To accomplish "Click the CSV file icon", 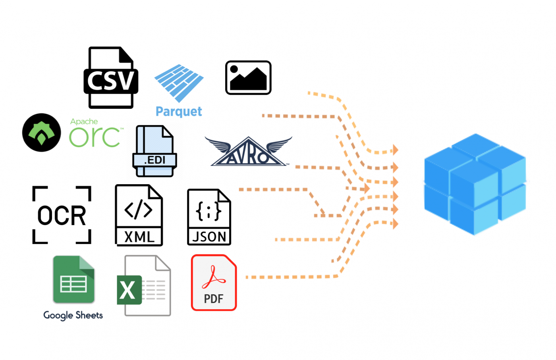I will tap(111, 78).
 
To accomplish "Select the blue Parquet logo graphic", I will tap(179, 83).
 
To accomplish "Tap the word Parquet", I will tap(179, 112).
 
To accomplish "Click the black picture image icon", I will tap(248, 78).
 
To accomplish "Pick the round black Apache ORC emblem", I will tap(42, 133).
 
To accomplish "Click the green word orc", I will tap(95, 137).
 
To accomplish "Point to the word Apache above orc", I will tap(84, 121).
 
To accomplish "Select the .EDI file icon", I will tap(154, 151).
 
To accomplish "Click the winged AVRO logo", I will tap(249, 152).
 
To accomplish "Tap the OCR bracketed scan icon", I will tap(62, 215).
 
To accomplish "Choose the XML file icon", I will tap(139, 216).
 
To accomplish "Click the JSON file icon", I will tap(209, 217).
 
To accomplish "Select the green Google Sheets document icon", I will tap(74, 280).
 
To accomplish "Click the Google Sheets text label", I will tap(73, 315).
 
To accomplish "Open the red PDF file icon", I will tap(214, 283).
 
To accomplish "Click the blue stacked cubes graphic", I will tap(475, 184).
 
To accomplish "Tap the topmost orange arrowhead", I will tap(395, 150).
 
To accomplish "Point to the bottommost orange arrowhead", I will tap(395, 224).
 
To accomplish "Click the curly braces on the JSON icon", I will tap(208, 211).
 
